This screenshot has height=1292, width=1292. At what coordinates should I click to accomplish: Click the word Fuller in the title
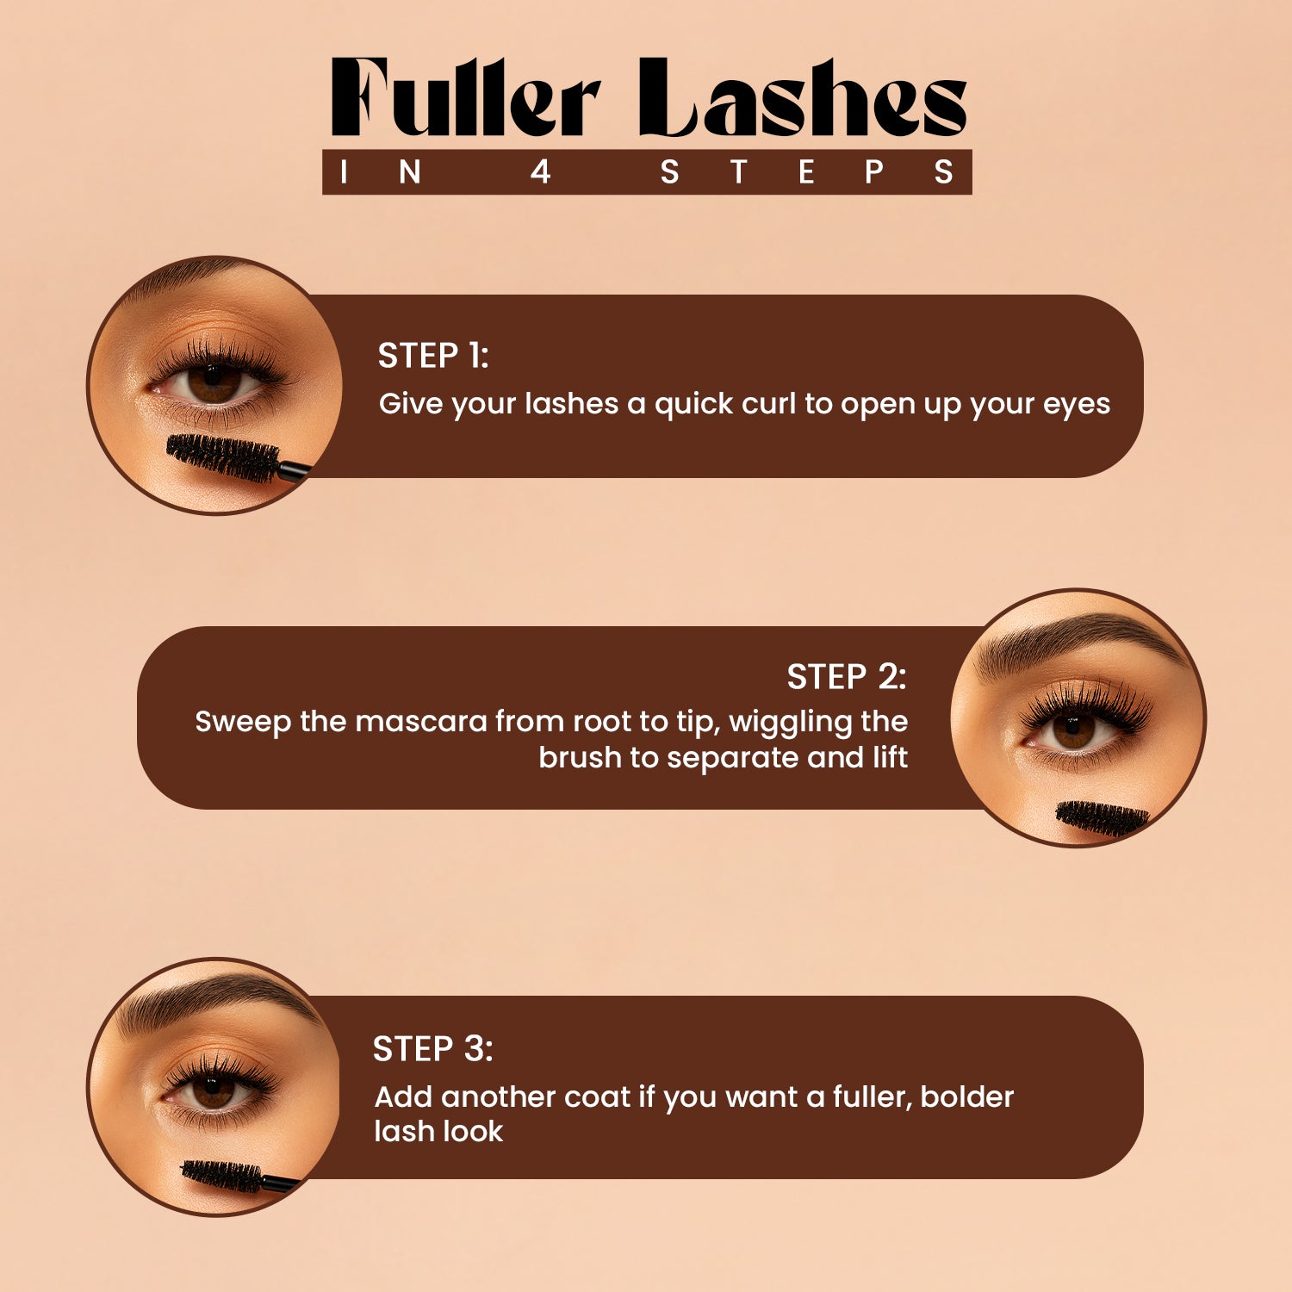[x=465, y=99]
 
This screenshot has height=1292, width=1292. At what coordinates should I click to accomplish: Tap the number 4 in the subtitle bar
[x=540, y=172]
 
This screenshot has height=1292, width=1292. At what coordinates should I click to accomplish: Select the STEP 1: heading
[x=433, y=356]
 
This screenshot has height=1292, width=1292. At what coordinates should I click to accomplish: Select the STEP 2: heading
[x=846, y=677]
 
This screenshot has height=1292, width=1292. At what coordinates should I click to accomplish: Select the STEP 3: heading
[x=432, y=1049]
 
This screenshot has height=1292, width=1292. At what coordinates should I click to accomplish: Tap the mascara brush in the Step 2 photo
[x=1102, y=817]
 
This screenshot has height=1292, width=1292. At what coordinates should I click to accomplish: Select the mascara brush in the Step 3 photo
[x=222, y=1175]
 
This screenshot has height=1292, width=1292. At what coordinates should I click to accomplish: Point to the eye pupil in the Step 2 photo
[x=1074, y=730]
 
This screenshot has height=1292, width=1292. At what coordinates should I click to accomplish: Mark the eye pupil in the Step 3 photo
[x=213, y=1090]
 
